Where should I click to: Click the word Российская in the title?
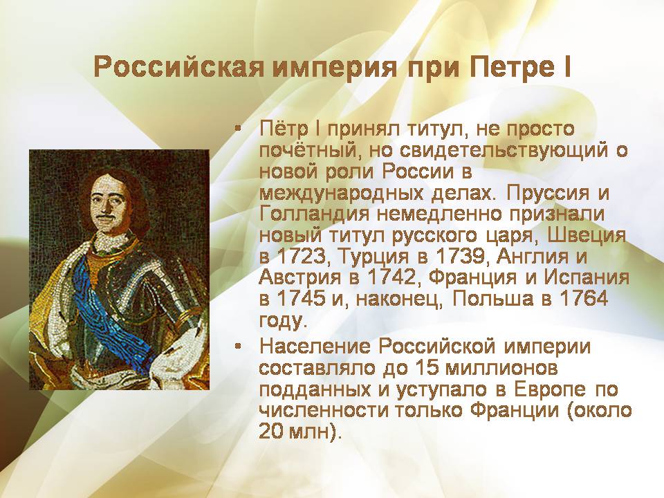coord(179,66)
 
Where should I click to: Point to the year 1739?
coord(461,256)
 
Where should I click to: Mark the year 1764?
coord(584,299)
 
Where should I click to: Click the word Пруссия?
coord(547,193)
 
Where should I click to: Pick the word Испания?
coord(587,277)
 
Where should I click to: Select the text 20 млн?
coord(295,431)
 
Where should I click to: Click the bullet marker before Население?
coord(239,347)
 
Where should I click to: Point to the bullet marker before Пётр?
coord(239,129)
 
